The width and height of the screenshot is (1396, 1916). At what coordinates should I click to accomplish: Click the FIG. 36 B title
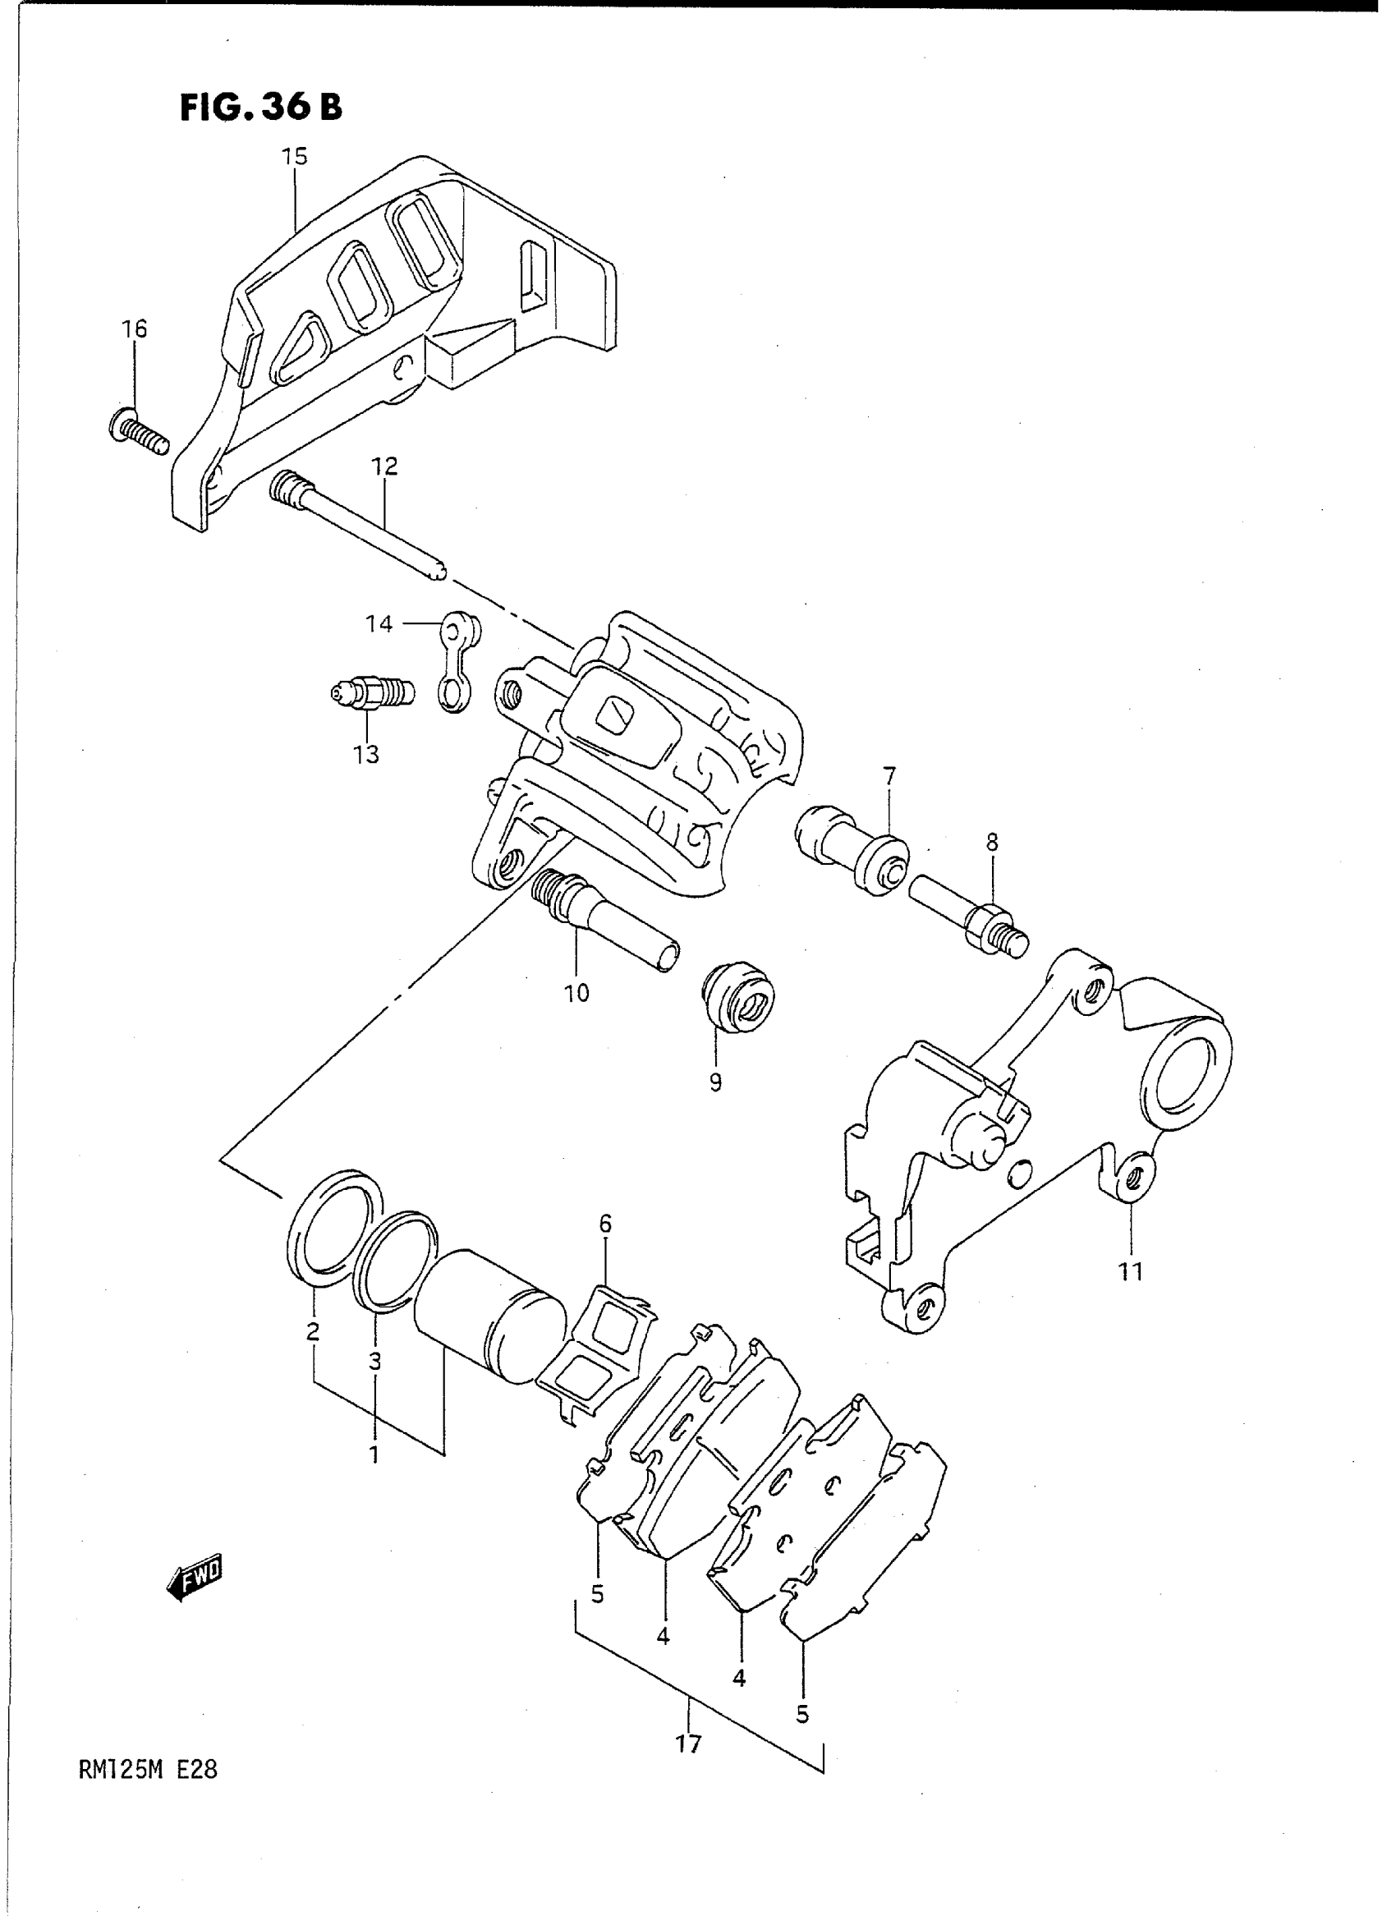[261, 108]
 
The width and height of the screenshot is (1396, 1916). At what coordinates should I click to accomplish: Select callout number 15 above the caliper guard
[295, 157]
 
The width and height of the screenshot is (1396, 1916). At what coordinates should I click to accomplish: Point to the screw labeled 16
[139, 432]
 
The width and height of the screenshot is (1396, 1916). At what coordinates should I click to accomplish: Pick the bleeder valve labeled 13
[371, 694]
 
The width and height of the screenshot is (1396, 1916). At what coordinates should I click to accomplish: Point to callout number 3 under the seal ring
[374, 1362]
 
